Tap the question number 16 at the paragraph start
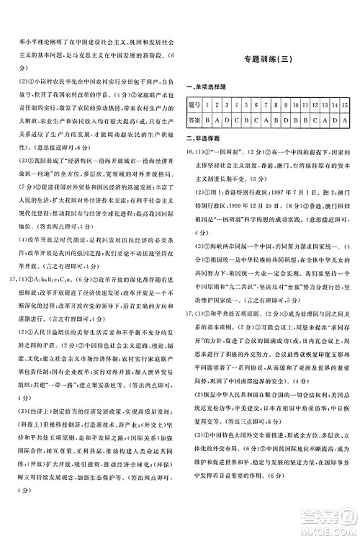click(x=190, y=153)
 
